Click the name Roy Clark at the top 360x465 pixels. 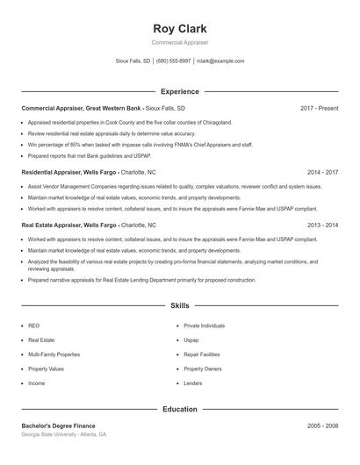(179, 28)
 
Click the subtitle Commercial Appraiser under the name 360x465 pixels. (179, 42)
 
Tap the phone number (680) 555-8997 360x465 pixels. (173, 61)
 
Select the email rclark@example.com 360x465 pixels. (220, 61)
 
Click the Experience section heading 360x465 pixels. (179, 91)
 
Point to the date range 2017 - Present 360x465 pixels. (319, 108)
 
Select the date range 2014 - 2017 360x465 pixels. (322, 173)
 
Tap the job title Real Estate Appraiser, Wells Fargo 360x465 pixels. (70, 225)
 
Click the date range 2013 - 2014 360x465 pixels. (322, 225)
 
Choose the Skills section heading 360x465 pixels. (179, 305)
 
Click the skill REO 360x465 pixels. (33, 325)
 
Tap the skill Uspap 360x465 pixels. (191, 340)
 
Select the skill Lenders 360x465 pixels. (192, 383)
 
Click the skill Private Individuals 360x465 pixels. (204, 325)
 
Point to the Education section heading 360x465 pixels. (179, 409)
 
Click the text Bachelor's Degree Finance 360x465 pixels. (59, 426)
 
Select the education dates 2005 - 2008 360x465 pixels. (322, 426)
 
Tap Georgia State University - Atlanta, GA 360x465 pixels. (64, 434)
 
